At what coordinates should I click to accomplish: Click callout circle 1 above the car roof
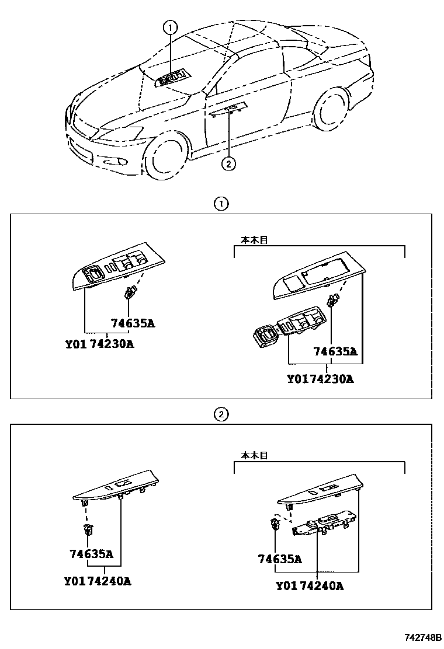169,26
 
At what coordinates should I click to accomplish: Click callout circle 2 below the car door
228,164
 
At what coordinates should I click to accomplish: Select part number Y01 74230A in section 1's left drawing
99,344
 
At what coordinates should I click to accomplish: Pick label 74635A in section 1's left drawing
133,323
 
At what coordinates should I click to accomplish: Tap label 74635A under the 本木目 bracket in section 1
335,351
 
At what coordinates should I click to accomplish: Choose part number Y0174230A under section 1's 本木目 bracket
320,379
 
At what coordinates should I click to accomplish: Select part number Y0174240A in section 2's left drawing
98,581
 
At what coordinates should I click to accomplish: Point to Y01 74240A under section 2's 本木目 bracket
310,586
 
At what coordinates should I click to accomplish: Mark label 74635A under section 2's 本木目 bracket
280,559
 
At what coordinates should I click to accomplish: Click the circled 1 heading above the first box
220,204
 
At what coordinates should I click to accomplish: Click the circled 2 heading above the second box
220,415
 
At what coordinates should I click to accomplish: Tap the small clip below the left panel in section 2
89,530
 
